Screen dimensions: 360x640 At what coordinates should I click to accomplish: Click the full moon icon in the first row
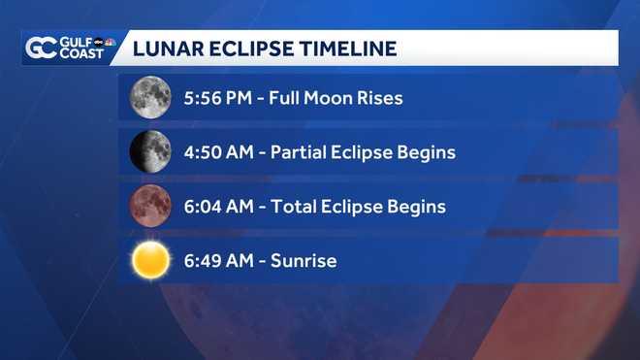(150, 97)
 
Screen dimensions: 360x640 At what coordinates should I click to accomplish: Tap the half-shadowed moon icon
(150, 151)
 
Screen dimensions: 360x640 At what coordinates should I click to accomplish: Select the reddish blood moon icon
(150, 206)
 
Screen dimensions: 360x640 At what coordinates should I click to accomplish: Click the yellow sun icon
(150, 260)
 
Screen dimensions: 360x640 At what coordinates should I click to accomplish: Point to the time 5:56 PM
(214, 98)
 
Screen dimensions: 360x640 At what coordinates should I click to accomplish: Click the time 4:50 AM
(215, 152)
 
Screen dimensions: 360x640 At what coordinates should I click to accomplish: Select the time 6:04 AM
(215, 207)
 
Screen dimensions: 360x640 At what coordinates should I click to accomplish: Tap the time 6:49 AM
(215, 261)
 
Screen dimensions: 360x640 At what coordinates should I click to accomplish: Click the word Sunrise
(304, 261)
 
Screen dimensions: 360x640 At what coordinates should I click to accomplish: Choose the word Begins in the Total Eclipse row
(416, 207)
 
